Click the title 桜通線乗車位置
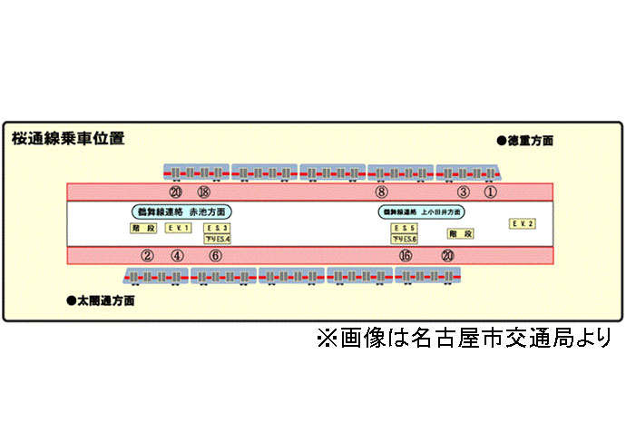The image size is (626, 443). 68,139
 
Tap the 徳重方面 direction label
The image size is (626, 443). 525,141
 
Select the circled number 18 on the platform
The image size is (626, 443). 203,192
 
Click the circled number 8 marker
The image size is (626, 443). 381,192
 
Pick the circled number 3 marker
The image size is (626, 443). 463,192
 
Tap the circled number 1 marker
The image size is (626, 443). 490,192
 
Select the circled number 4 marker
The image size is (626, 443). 177,255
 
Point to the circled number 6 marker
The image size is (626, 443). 215,255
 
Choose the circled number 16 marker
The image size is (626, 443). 405,255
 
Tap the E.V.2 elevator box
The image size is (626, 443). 523,223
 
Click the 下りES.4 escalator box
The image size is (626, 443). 218,239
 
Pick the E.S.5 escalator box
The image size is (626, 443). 405,227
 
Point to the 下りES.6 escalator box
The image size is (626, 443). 405,239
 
